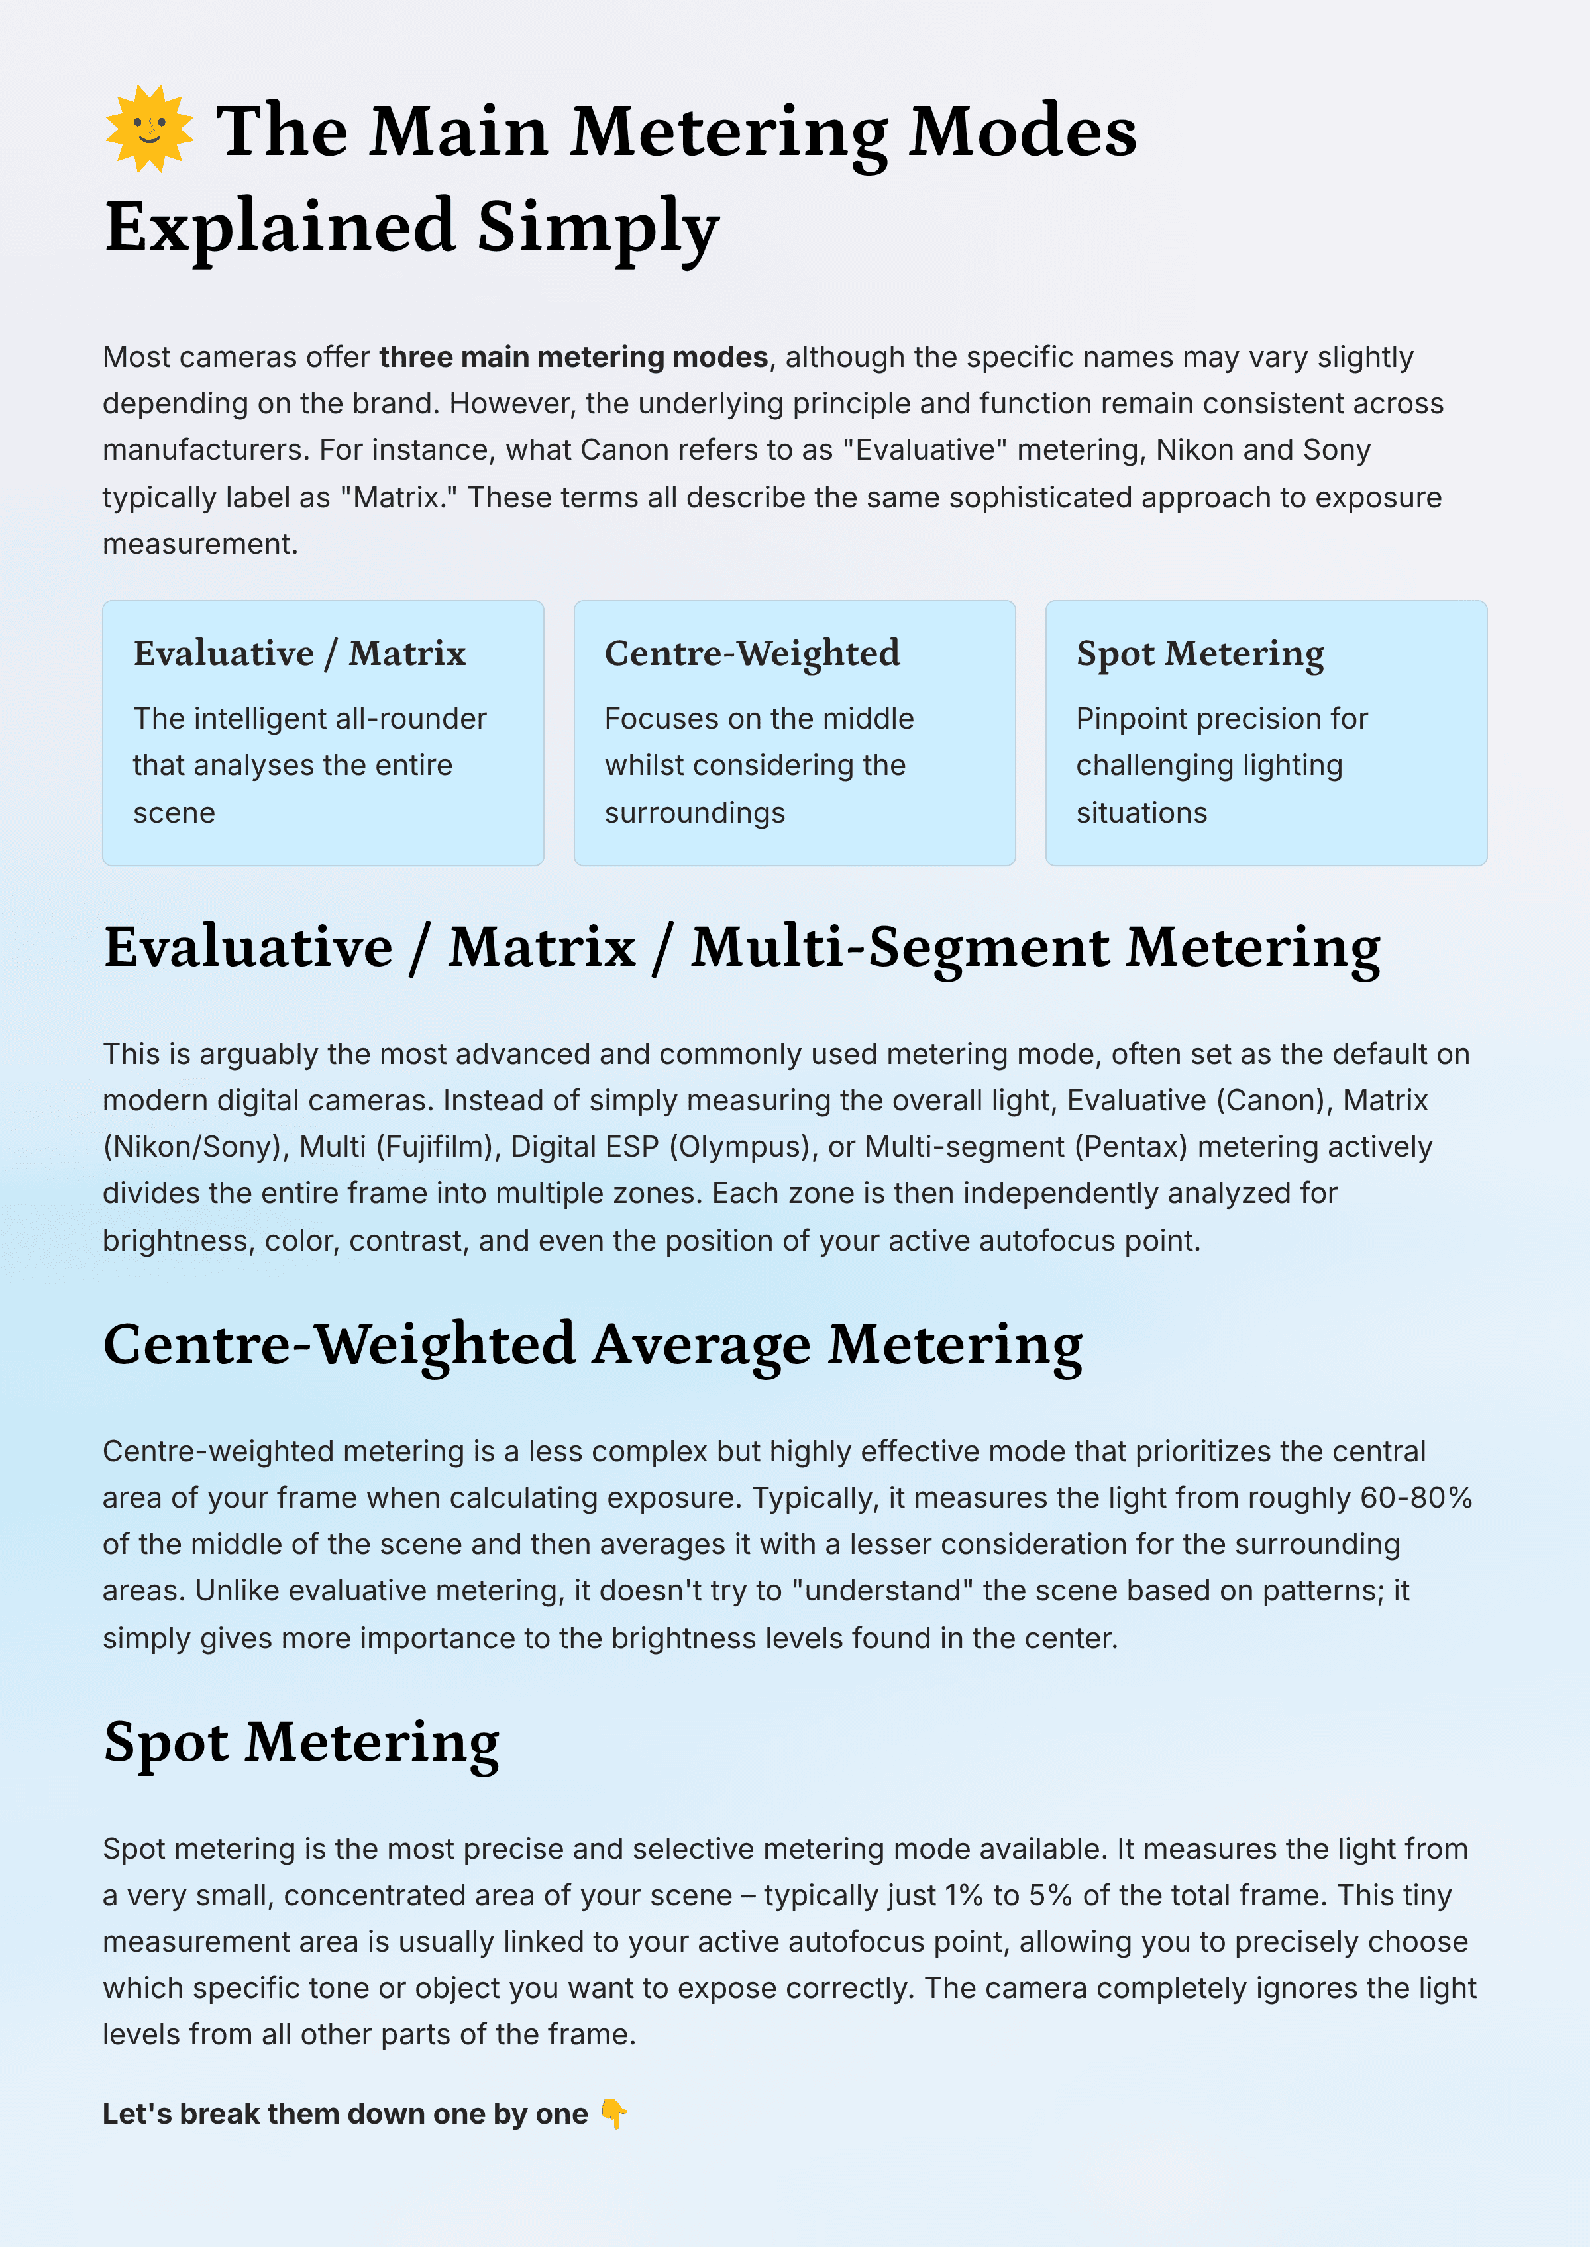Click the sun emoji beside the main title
pos(149,129)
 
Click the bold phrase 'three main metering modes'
pos(573,357)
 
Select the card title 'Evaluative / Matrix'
pos(299,653)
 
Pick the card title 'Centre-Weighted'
pos(752,653)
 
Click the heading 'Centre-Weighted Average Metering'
pos(592,1344)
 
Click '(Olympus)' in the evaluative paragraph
pos(743,1147)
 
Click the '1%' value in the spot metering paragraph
pos(963,1895)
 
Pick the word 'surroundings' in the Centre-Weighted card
pos(694,813)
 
